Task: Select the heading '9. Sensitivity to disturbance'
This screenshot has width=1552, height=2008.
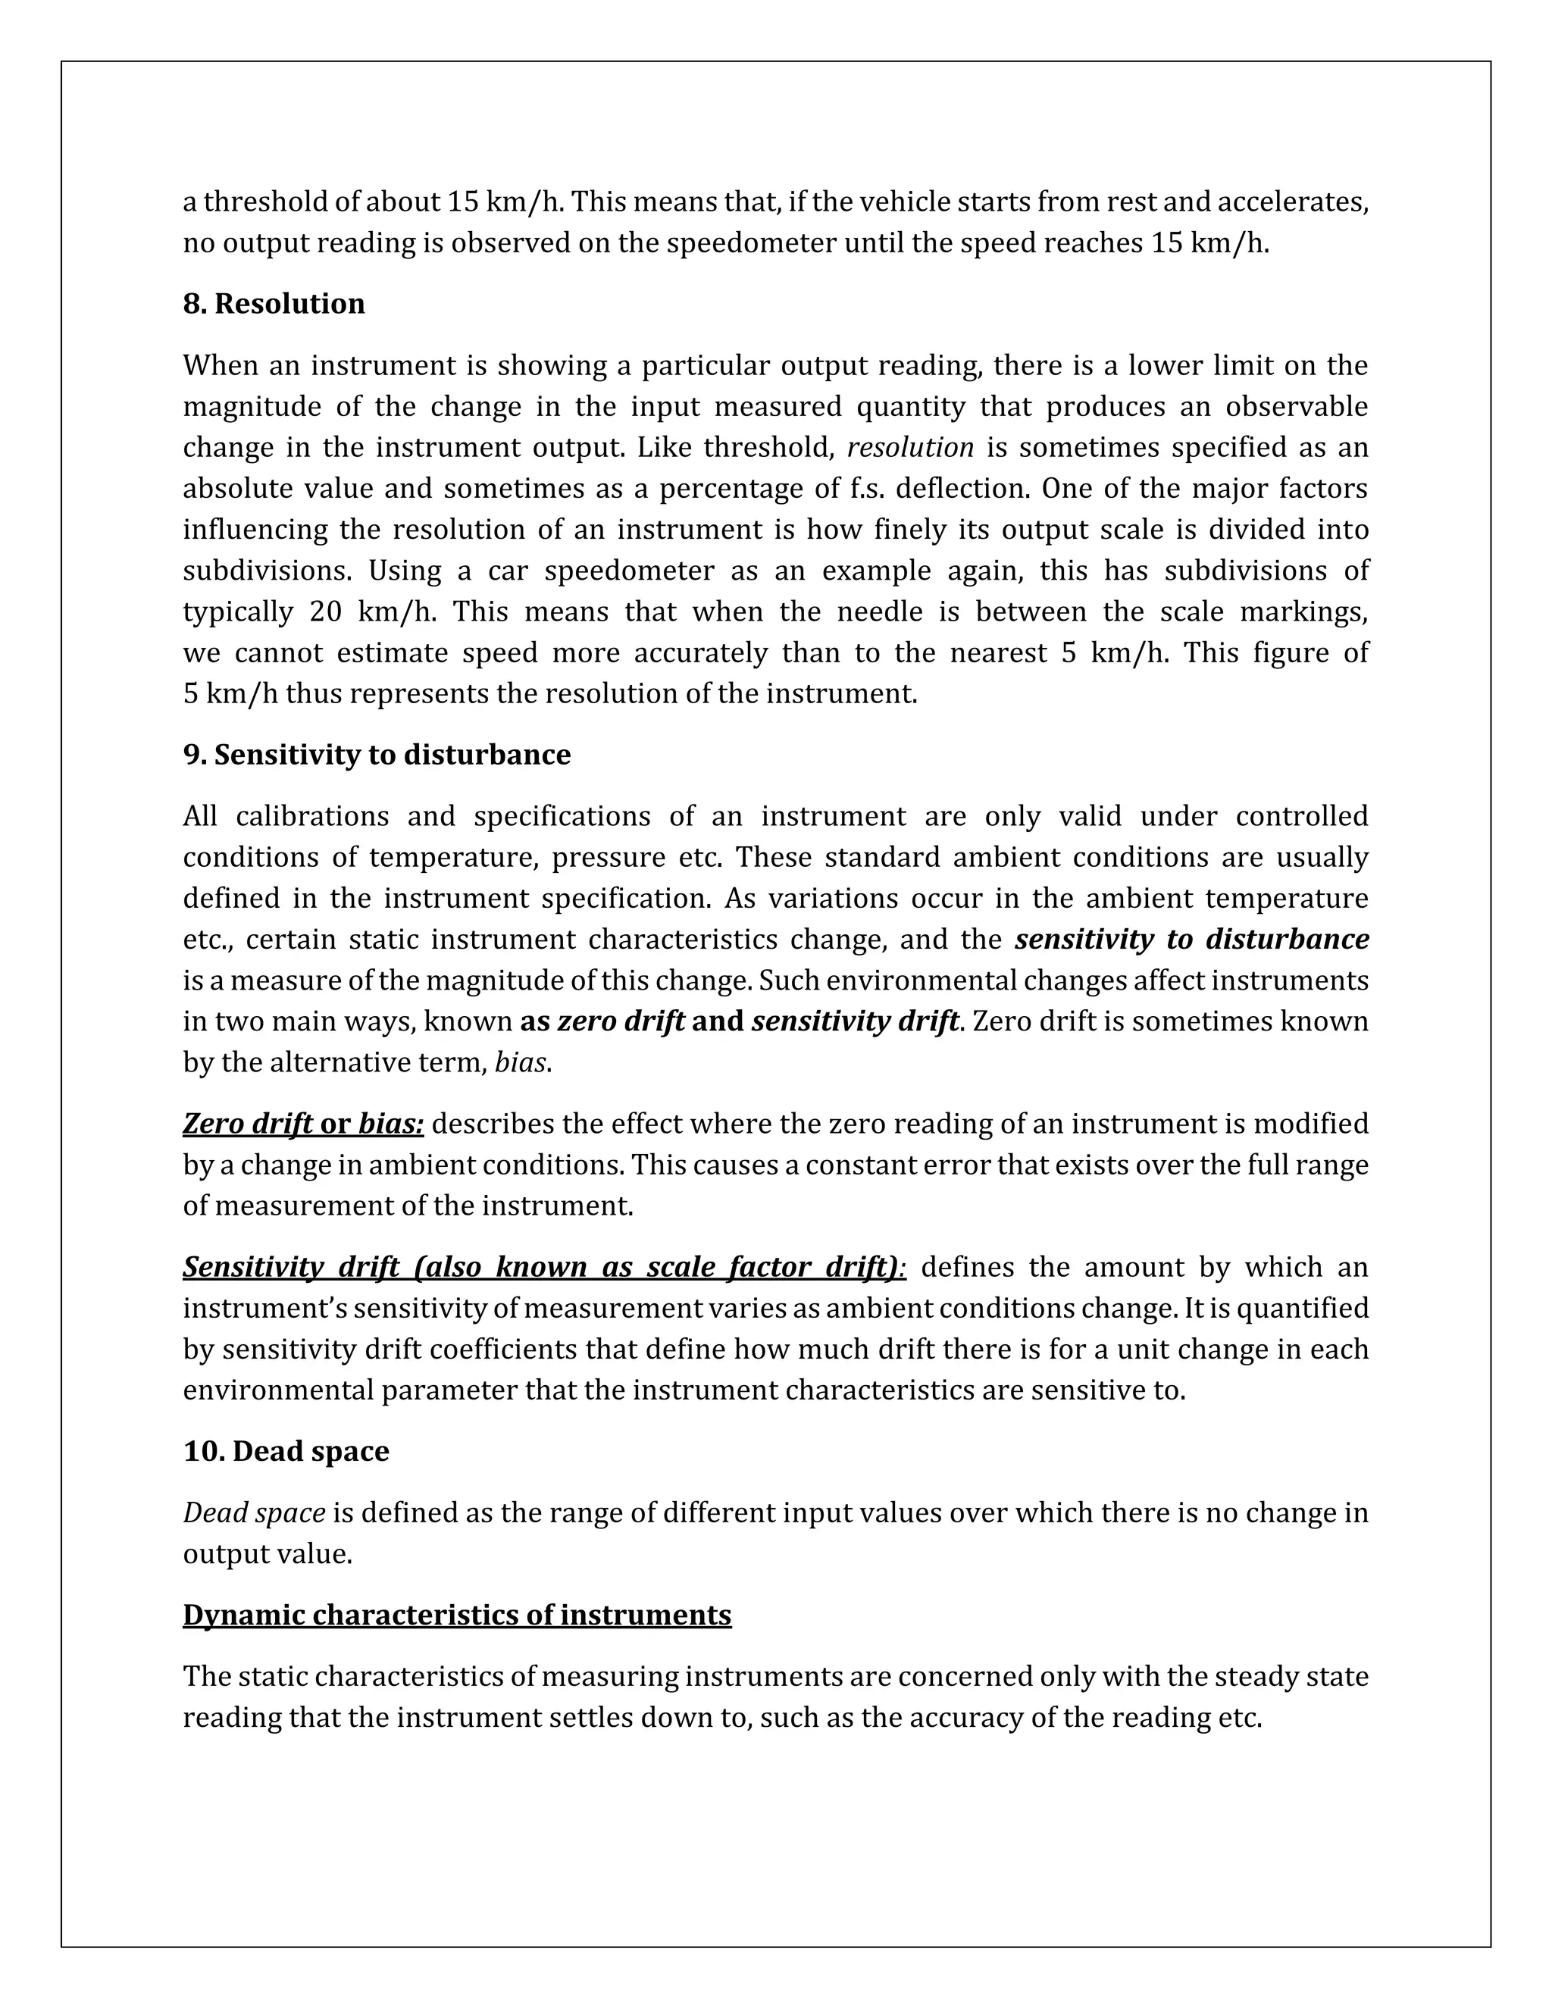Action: [377, 755]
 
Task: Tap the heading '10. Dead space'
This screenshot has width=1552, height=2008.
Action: [286, 1451]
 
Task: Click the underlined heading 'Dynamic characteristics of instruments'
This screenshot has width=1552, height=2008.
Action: [457, 1615]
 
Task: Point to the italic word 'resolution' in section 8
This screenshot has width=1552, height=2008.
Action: [909, 448]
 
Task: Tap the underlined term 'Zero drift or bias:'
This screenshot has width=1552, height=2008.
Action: [302, 1124]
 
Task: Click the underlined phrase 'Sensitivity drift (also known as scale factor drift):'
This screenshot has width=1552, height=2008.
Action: [544, 1267]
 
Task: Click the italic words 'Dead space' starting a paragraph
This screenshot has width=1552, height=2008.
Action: [254, 1512]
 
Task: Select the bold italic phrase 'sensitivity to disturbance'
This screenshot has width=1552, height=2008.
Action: [1191, 940]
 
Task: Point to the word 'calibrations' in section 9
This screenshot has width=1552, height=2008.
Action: [311, 816]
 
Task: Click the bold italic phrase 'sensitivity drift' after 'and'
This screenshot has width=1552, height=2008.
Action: [855, 1021]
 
